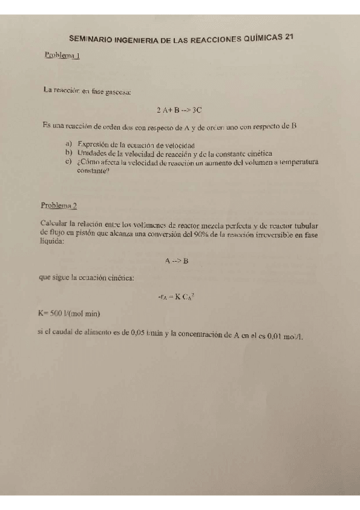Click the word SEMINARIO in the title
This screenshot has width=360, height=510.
92,38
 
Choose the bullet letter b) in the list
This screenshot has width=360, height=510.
68,153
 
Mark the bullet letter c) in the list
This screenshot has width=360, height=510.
68,161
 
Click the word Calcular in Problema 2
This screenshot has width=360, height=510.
53,224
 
